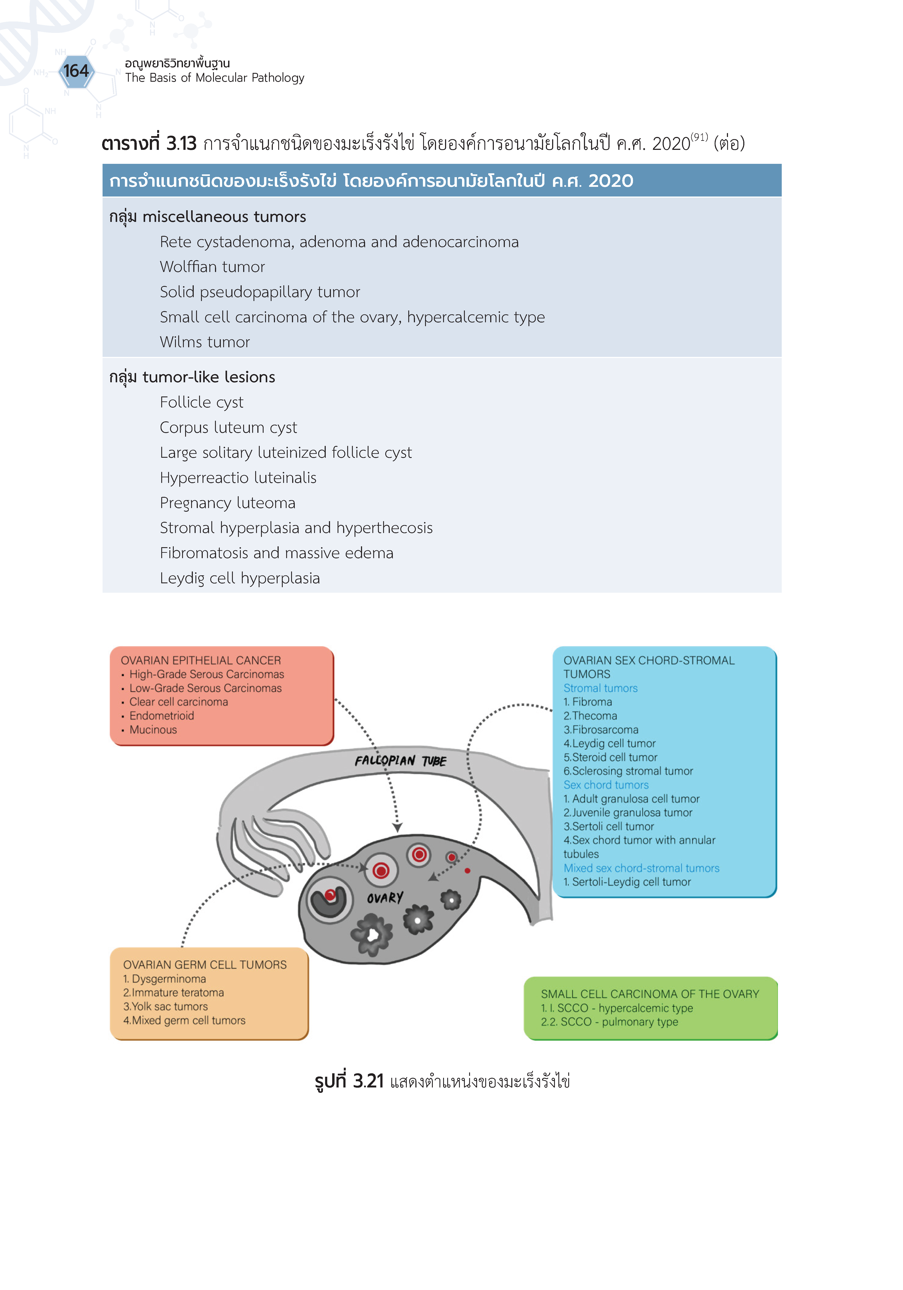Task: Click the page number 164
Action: click(76, 71)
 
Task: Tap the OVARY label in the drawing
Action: click(385, 898)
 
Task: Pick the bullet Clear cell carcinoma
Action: click(179, 702)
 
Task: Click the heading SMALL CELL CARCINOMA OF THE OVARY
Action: click(650, 994)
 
